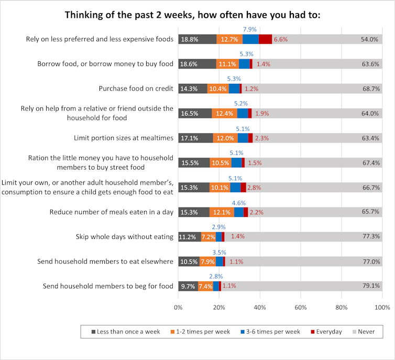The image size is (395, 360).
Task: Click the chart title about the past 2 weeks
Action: coord(192,15)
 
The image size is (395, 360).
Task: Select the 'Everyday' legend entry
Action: coord(329,332)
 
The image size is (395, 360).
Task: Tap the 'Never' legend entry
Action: coord(366,332)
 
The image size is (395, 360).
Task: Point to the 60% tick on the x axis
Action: coord(301,307)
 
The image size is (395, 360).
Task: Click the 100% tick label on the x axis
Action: coord(382,307)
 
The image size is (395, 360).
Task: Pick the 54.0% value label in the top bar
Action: coord(369,39)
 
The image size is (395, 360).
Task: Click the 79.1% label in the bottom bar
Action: coord(369,286)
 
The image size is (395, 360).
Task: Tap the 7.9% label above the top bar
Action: coord(249,29)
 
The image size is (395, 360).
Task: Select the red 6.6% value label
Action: coord(281,39)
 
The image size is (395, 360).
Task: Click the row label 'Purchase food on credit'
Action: coord(136,89)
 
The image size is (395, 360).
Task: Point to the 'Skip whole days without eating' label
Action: coord(125,237)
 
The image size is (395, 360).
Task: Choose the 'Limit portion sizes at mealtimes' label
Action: coord(124,138)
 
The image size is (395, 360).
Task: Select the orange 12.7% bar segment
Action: coord(230,39)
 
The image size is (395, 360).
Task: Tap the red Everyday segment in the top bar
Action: coord(265,39)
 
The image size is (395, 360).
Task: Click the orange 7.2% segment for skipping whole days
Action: coord(209,237)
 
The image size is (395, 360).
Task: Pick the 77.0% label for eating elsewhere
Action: coord(369,261)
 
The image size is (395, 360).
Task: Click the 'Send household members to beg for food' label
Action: coord(107,286)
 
